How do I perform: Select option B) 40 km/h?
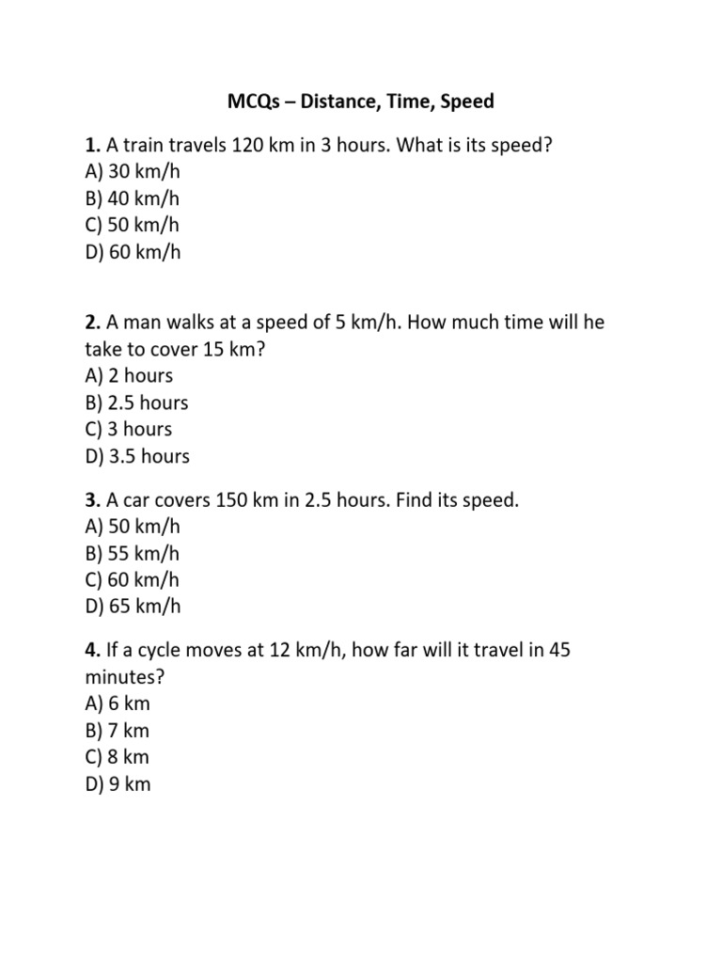click(131, 198)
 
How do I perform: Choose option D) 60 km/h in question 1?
click(132, 252)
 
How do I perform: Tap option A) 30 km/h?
click(131, 172)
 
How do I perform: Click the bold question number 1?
click(91, 146)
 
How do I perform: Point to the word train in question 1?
click(146, 146)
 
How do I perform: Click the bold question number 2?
click(91, 322)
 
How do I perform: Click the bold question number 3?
click(91, 500)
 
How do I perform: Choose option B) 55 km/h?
click(131, 553)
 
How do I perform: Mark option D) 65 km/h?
click(132, 607)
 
